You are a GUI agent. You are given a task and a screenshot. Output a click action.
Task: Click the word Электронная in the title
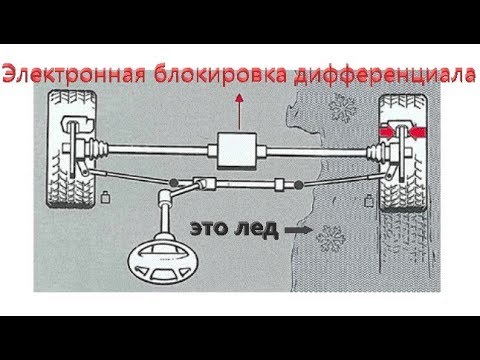tap(74, 73)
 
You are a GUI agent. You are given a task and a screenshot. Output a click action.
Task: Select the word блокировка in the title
tap(220, 73)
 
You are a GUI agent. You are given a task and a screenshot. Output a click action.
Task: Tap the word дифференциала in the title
tap(385, 74)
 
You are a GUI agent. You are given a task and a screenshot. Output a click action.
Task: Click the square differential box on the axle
tap(237, 151)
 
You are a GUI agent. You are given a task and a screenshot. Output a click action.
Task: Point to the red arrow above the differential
tap(239, 111)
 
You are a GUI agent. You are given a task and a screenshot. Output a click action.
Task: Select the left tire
tap(72, 149)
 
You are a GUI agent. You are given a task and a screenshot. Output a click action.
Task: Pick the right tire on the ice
tap(403, 153)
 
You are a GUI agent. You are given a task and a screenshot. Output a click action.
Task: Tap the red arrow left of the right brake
tap(387, 132)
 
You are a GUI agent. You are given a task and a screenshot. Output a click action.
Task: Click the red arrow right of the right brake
tap(417, 132)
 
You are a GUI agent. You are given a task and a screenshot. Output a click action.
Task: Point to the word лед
tap(256, 229)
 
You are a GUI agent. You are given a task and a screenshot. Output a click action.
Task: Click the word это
tap(210, 229)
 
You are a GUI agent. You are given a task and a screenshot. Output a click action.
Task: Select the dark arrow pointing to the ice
tap(299, 230)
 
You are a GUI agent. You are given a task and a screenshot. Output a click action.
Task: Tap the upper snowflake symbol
tap(342, 108)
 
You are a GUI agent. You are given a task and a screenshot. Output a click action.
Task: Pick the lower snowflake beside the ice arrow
tap(331, 239)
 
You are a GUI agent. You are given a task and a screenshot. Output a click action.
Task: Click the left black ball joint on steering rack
tap(173, 182)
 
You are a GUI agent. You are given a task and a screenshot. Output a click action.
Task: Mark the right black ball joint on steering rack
tap(298, 184)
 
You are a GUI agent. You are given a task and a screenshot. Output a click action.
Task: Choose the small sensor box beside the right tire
tap(369, 200)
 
